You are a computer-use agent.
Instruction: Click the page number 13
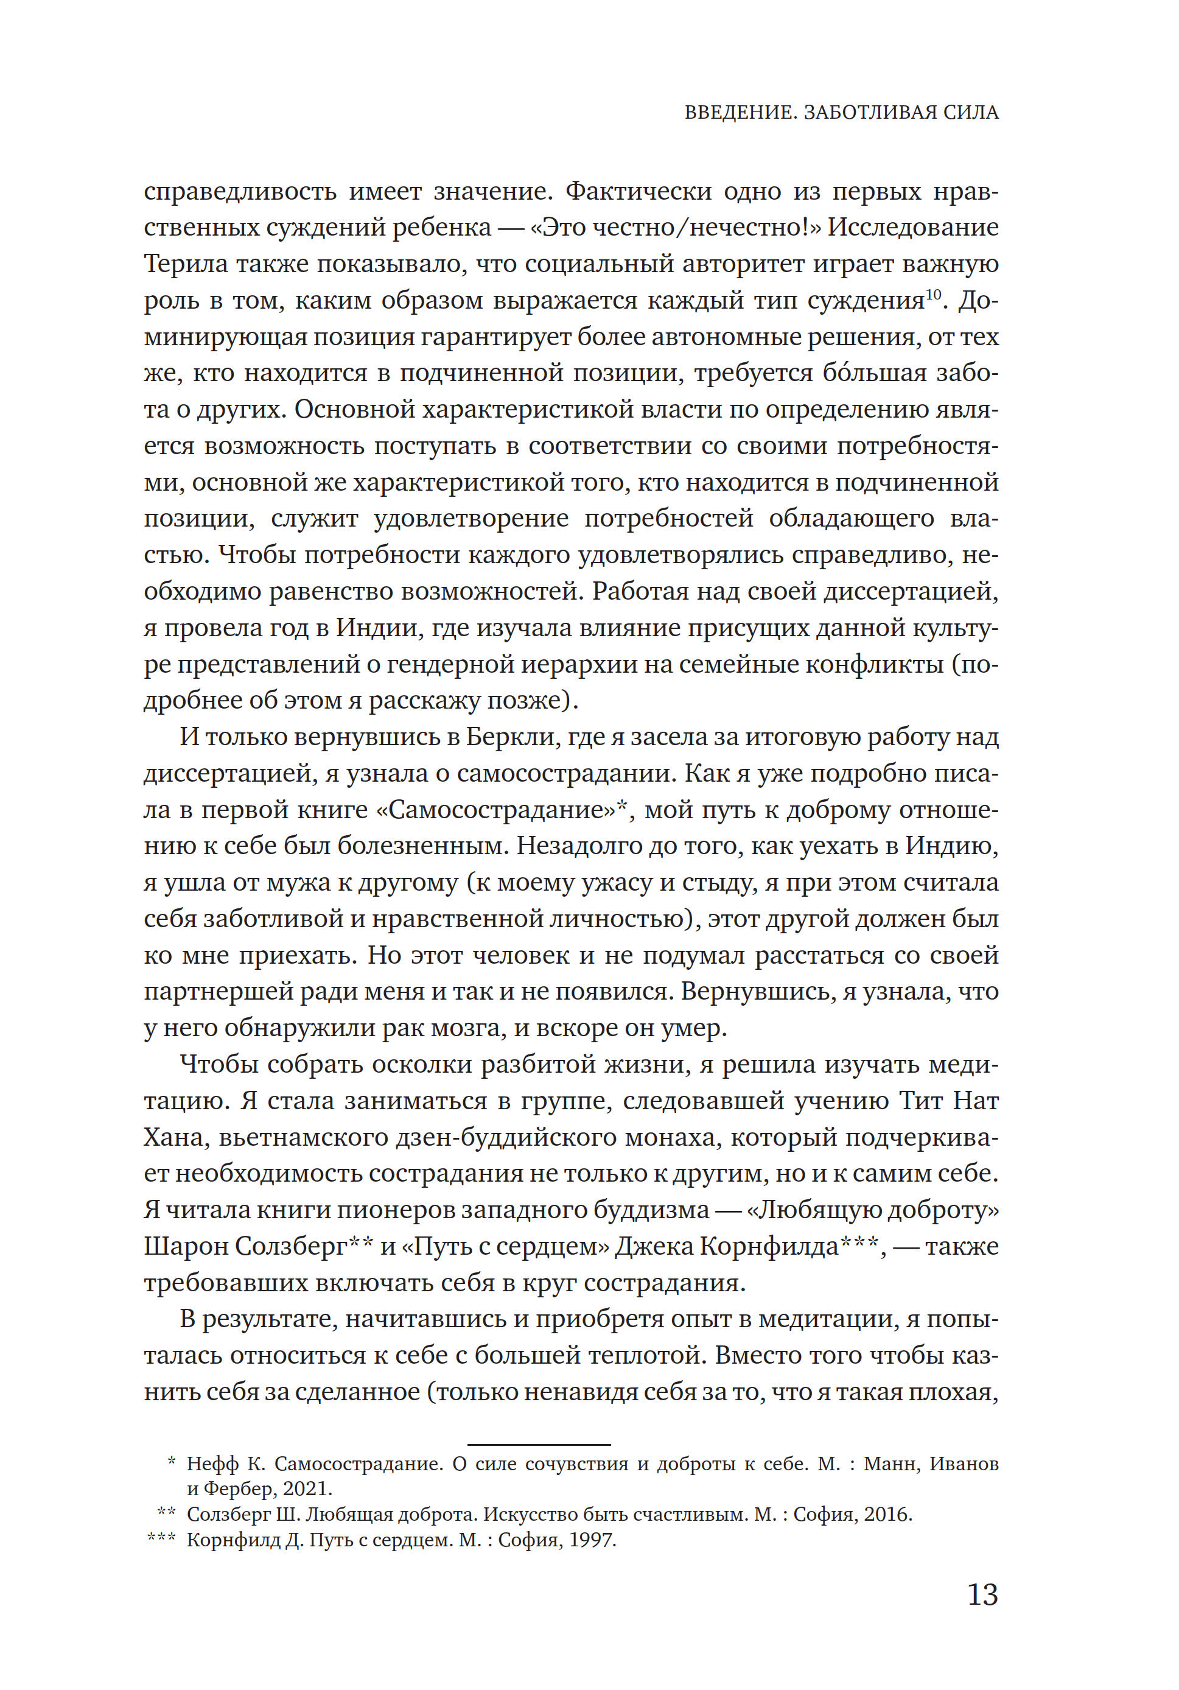coord(982,1595)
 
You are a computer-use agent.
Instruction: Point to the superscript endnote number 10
coord(933,295)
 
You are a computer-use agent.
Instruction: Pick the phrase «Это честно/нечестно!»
coord(676,228)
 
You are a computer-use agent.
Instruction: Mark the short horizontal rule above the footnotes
coord(539,1445)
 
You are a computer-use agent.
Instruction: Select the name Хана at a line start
coord(172,1137)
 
